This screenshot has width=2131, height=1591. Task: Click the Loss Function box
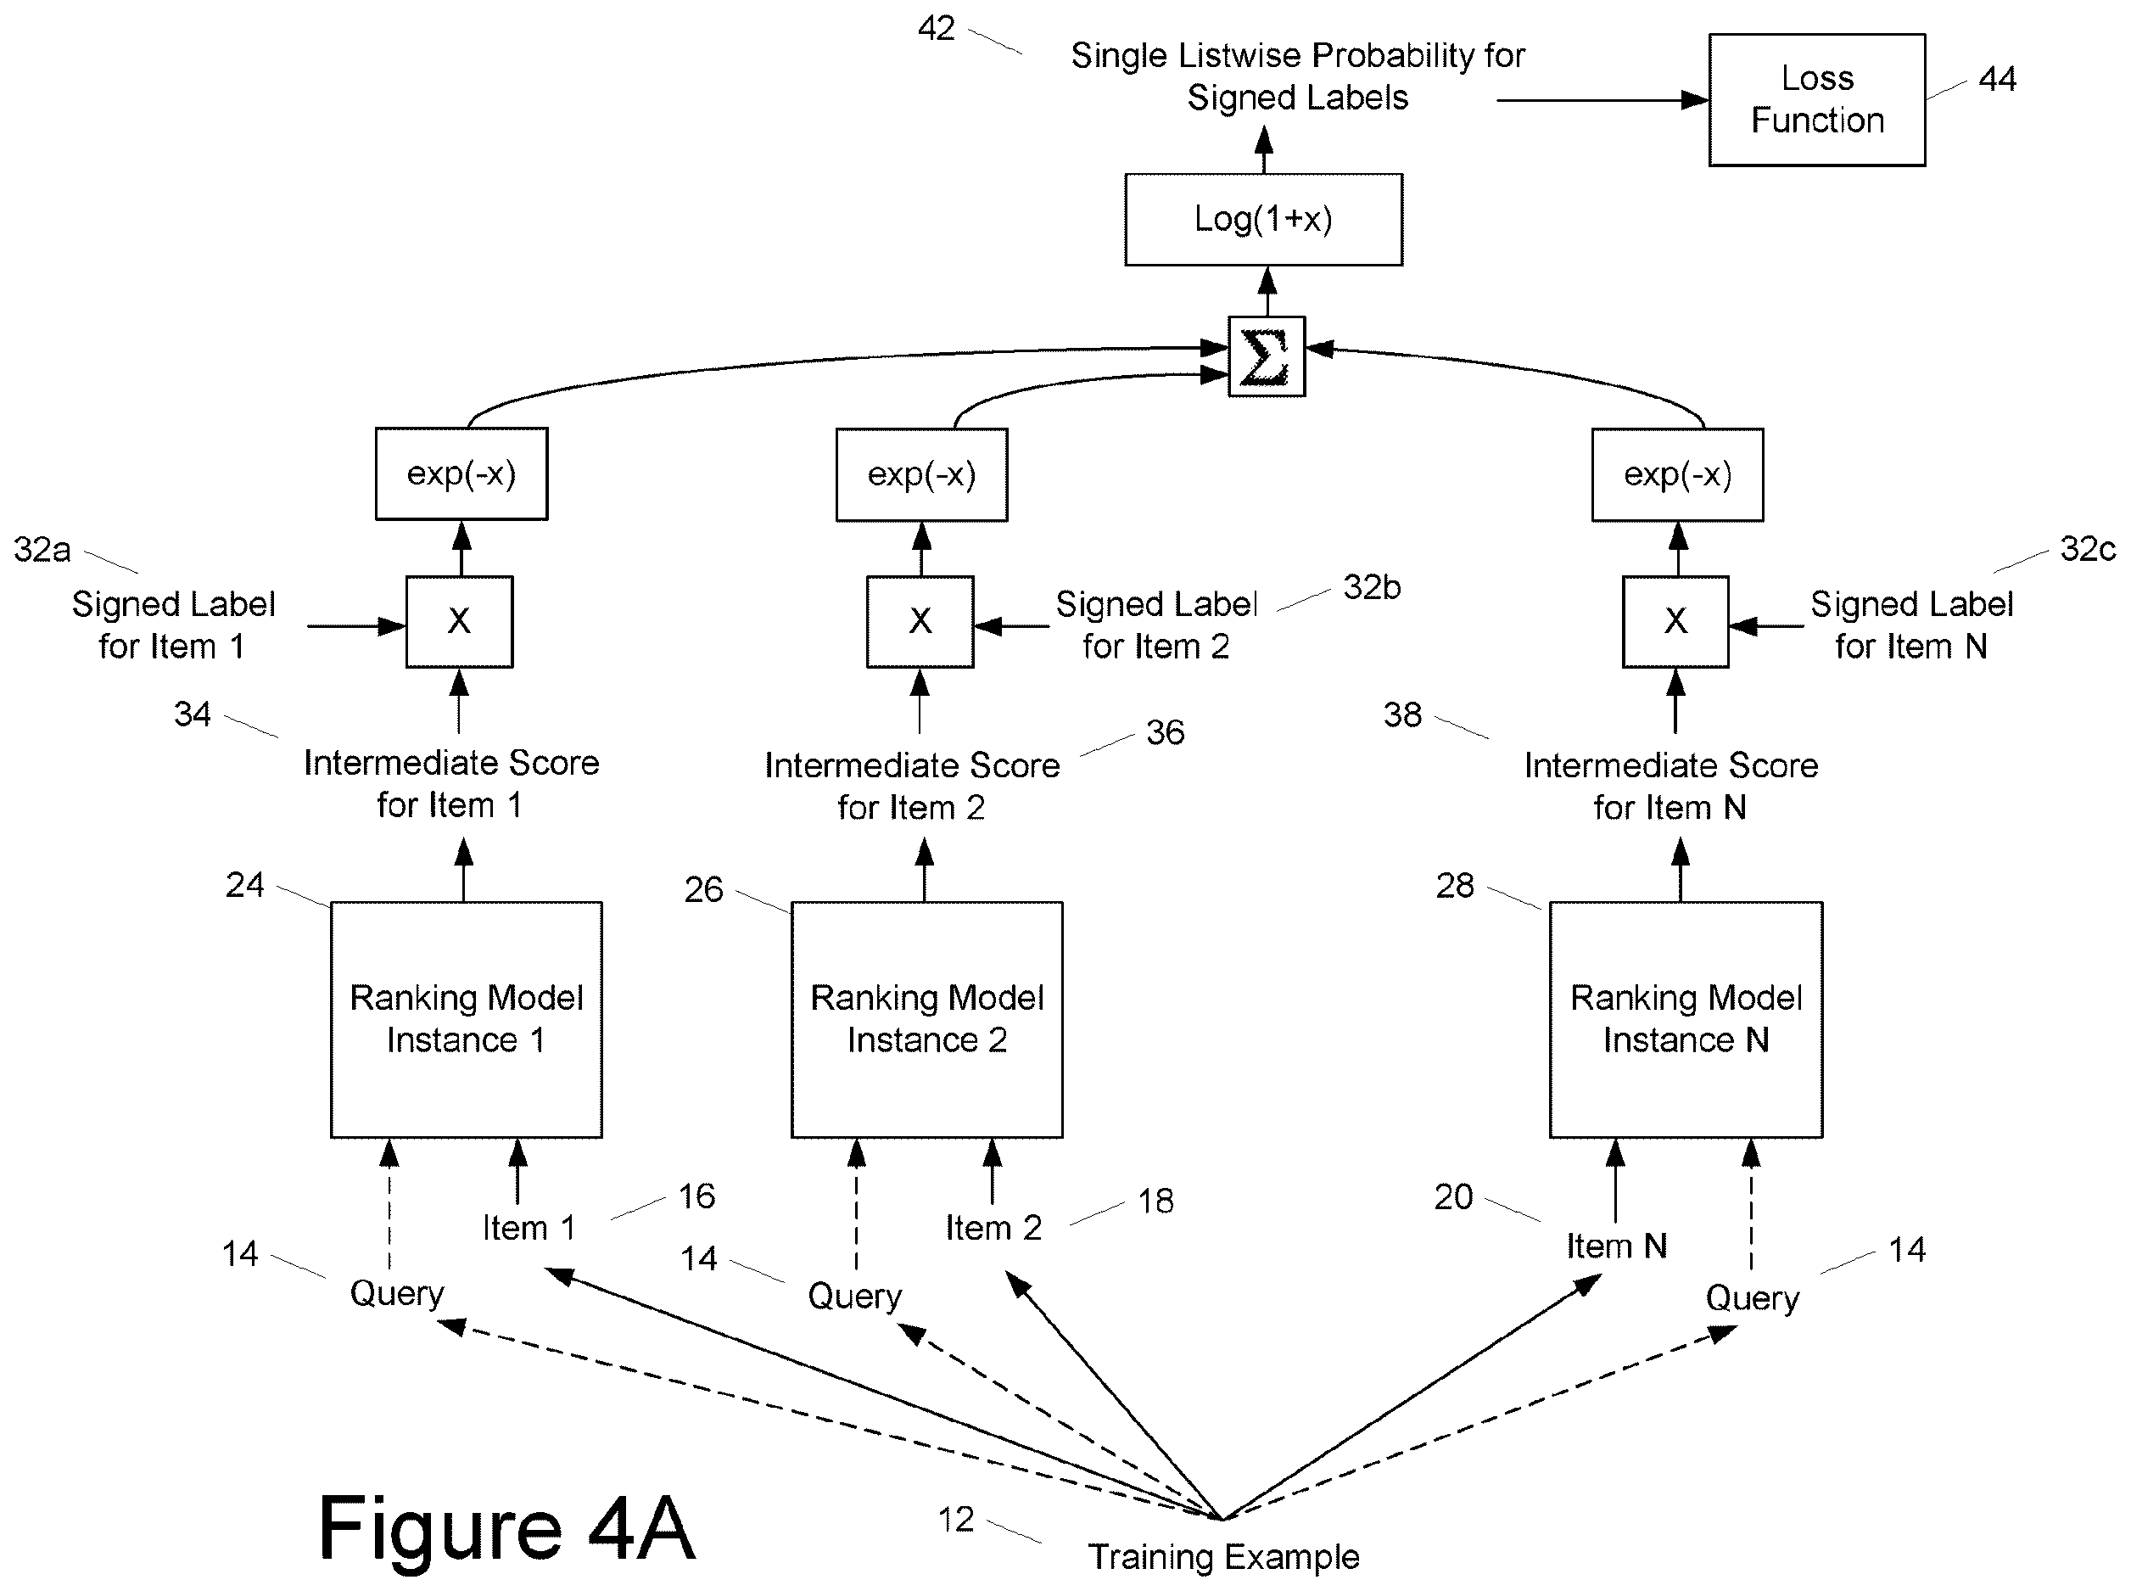point(1816,100)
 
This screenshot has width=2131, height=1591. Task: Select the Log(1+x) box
point(1263,220)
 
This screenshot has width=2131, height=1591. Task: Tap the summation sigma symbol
point(1267,356)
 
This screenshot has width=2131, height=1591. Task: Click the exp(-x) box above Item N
point(1677,475)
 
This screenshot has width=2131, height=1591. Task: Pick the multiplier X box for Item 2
point(920,621)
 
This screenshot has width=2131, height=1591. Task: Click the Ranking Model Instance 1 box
point(466,1020)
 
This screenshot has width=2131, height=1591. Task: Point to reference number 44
point(1997,79)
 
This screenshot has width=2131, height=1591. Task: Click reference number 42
point(936,29)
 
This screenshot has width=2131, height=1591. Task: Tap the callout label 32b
point(1371,586)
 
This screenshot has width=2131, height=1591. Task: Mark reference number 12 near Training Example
point(956,1520)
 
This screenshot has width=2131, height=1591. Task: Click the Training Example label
point(1223,1557)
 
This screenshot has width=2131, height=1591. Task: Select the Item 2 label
point(993,1228)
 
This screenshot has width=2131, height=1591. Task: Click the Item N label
point(1616,1246)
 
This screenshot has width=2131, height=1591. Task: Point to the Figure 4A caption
point(506,1528)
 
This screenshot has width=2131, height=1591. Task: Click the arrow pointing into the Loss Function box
point(1602,100)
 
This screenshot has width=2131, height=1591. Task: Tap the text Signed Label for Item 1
point(173,625)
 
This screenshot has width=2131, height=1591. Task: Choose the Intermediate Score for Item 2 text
point(912,786)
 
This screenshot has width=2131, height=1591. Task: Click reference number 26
point(703,889)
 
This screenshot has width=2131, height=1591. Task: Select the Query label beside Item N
point(1752,1299)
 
